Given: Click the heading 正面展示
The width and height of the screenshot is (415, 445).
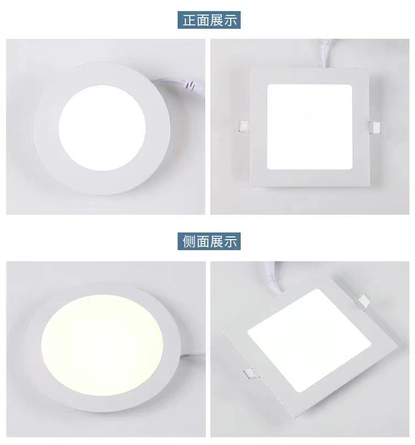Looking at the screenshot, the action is tap(209, 20).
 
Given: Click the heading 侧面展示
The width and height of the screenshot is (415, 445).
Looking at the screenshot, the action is tap(209, 241).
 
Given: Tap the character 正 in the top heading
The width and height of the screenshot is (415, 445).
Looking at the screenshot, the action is tap(189, 20).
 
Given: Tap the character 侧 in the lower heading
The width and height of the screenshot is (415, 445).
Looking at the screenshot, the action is tap(189, 241).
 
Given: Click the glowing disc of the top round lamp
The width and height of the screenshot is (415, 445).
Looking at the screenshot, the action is tap(102, 128).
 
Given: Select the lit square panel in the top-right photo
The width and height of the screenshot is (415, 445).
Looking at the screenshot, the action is tap(310, 127).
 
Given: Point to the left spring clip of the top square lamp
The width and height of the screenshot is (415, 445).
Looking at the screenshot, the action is tap(244, 126).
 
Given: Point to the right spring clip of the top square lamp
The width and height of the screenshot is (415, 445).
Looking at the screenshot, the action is tap(375, 127).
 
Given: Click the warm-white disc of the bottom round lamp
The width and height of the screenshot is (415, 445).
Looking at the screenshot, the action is tap(102, 345).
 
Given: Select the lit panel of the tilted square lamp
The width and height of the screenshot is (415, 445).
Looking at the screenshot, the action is tap(309, 340).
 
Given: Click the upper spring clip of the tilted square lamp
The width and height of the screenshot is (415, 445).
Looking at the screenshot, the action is tap(364, 302).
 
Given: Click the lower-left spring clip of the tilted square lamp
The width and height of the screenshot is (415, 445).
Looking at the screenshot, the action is tap(251, 374).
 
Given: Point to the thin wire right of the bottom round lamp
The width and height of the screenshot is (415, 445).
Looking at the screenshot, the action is tap(193, 356).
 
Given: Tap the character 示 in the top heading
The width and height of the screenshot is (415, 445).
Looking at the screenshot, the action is tap(230, 20).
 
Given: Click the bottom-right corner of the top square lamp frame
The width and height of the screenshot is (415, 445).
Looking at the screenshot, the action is tap(370, 187).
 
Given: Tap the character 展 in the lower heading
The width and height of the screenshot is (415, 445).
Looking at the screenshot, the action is tap(216, 241).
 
